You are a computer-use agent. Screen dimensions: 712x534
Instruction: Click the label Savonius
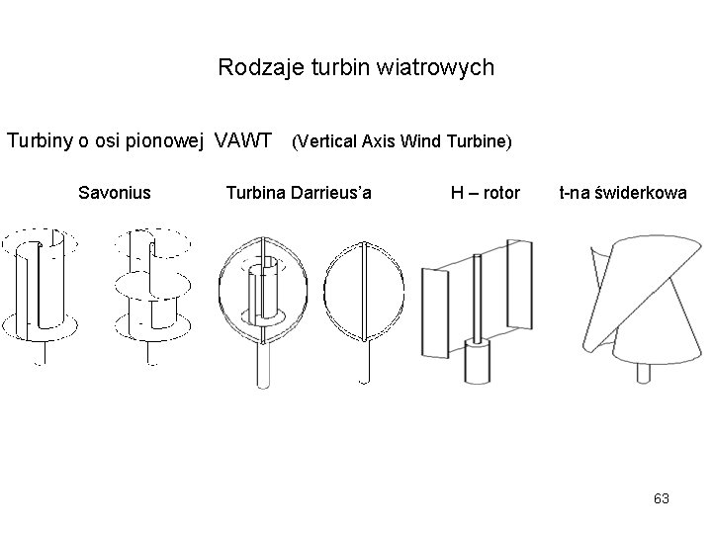point(115,192)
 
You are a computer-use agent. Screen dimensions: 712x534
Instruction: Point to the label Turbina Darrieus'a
point(299,192)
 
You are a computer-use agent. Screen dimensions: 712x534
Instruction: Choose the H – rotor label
point(485,192)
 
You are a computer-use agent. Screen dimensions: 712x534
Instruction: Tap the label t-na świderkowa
point(622,192)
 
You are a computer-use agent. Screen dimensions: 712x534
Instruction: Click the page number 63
point(662,499)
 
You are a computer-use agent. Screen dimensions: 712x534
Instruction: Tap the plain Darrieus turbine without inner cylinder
point(364,297)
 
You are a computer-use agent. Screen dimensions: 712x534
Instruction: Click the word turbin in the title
point(352,68)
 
